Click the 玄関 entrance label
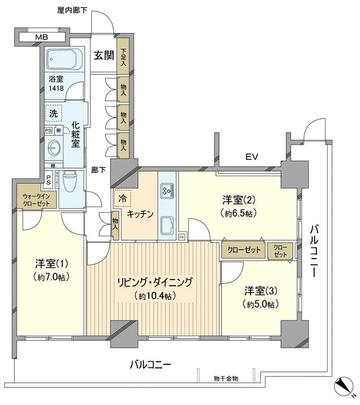103,55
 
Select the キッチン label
140,214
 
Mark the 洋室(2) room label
238,199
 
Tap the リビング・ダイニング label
151,283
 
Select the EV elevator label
252,158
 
